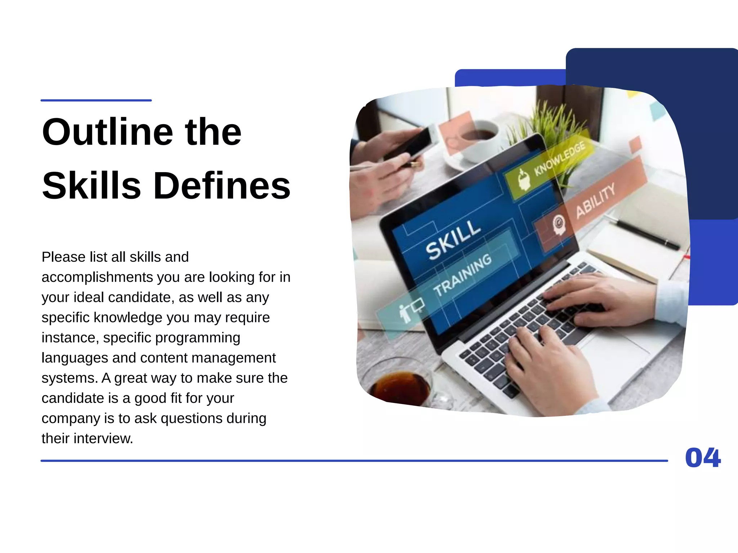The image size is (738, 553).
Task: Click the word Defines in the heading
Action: click(222, 186)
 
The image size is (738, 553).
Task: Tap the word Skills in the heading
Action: click(92, 186)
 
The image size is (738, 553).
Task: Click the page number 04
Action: click(703, 458)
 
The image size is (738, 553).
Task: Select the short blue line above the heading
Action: click(96, 100)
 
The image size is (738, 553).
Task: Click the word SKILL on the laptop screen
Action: click(453, 239)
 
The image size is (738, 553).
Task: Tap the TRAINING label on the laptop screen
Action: click(462, 274)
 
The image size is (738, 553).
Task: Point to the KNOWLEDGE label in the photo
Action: click(559, 158)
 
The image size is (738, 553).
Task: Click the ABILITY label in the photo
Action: click(595, 201)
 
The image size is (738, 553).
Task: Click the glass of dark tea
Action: click(400, 387)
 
